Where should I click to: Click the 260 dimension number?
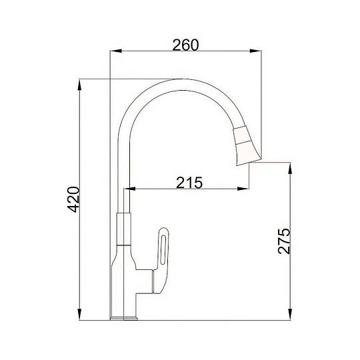[185, 45]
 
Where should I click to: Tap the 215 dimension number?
[189, 183]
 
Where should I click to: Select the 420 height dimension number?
[73, 199]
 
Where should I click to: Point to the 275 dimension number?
[284, 241]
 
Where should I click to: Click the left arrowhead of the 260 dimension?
[116, 51]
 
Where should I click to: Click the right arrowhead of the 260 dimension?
[255, 51]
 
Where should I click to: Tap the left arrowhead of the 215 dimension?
[130, 189]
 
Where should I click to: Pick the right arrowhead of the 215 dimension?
[243, 189]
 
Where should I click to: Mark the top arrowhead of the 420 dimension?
[79, 85]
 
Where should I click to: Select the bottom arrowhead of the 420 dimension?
[79, 314]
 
